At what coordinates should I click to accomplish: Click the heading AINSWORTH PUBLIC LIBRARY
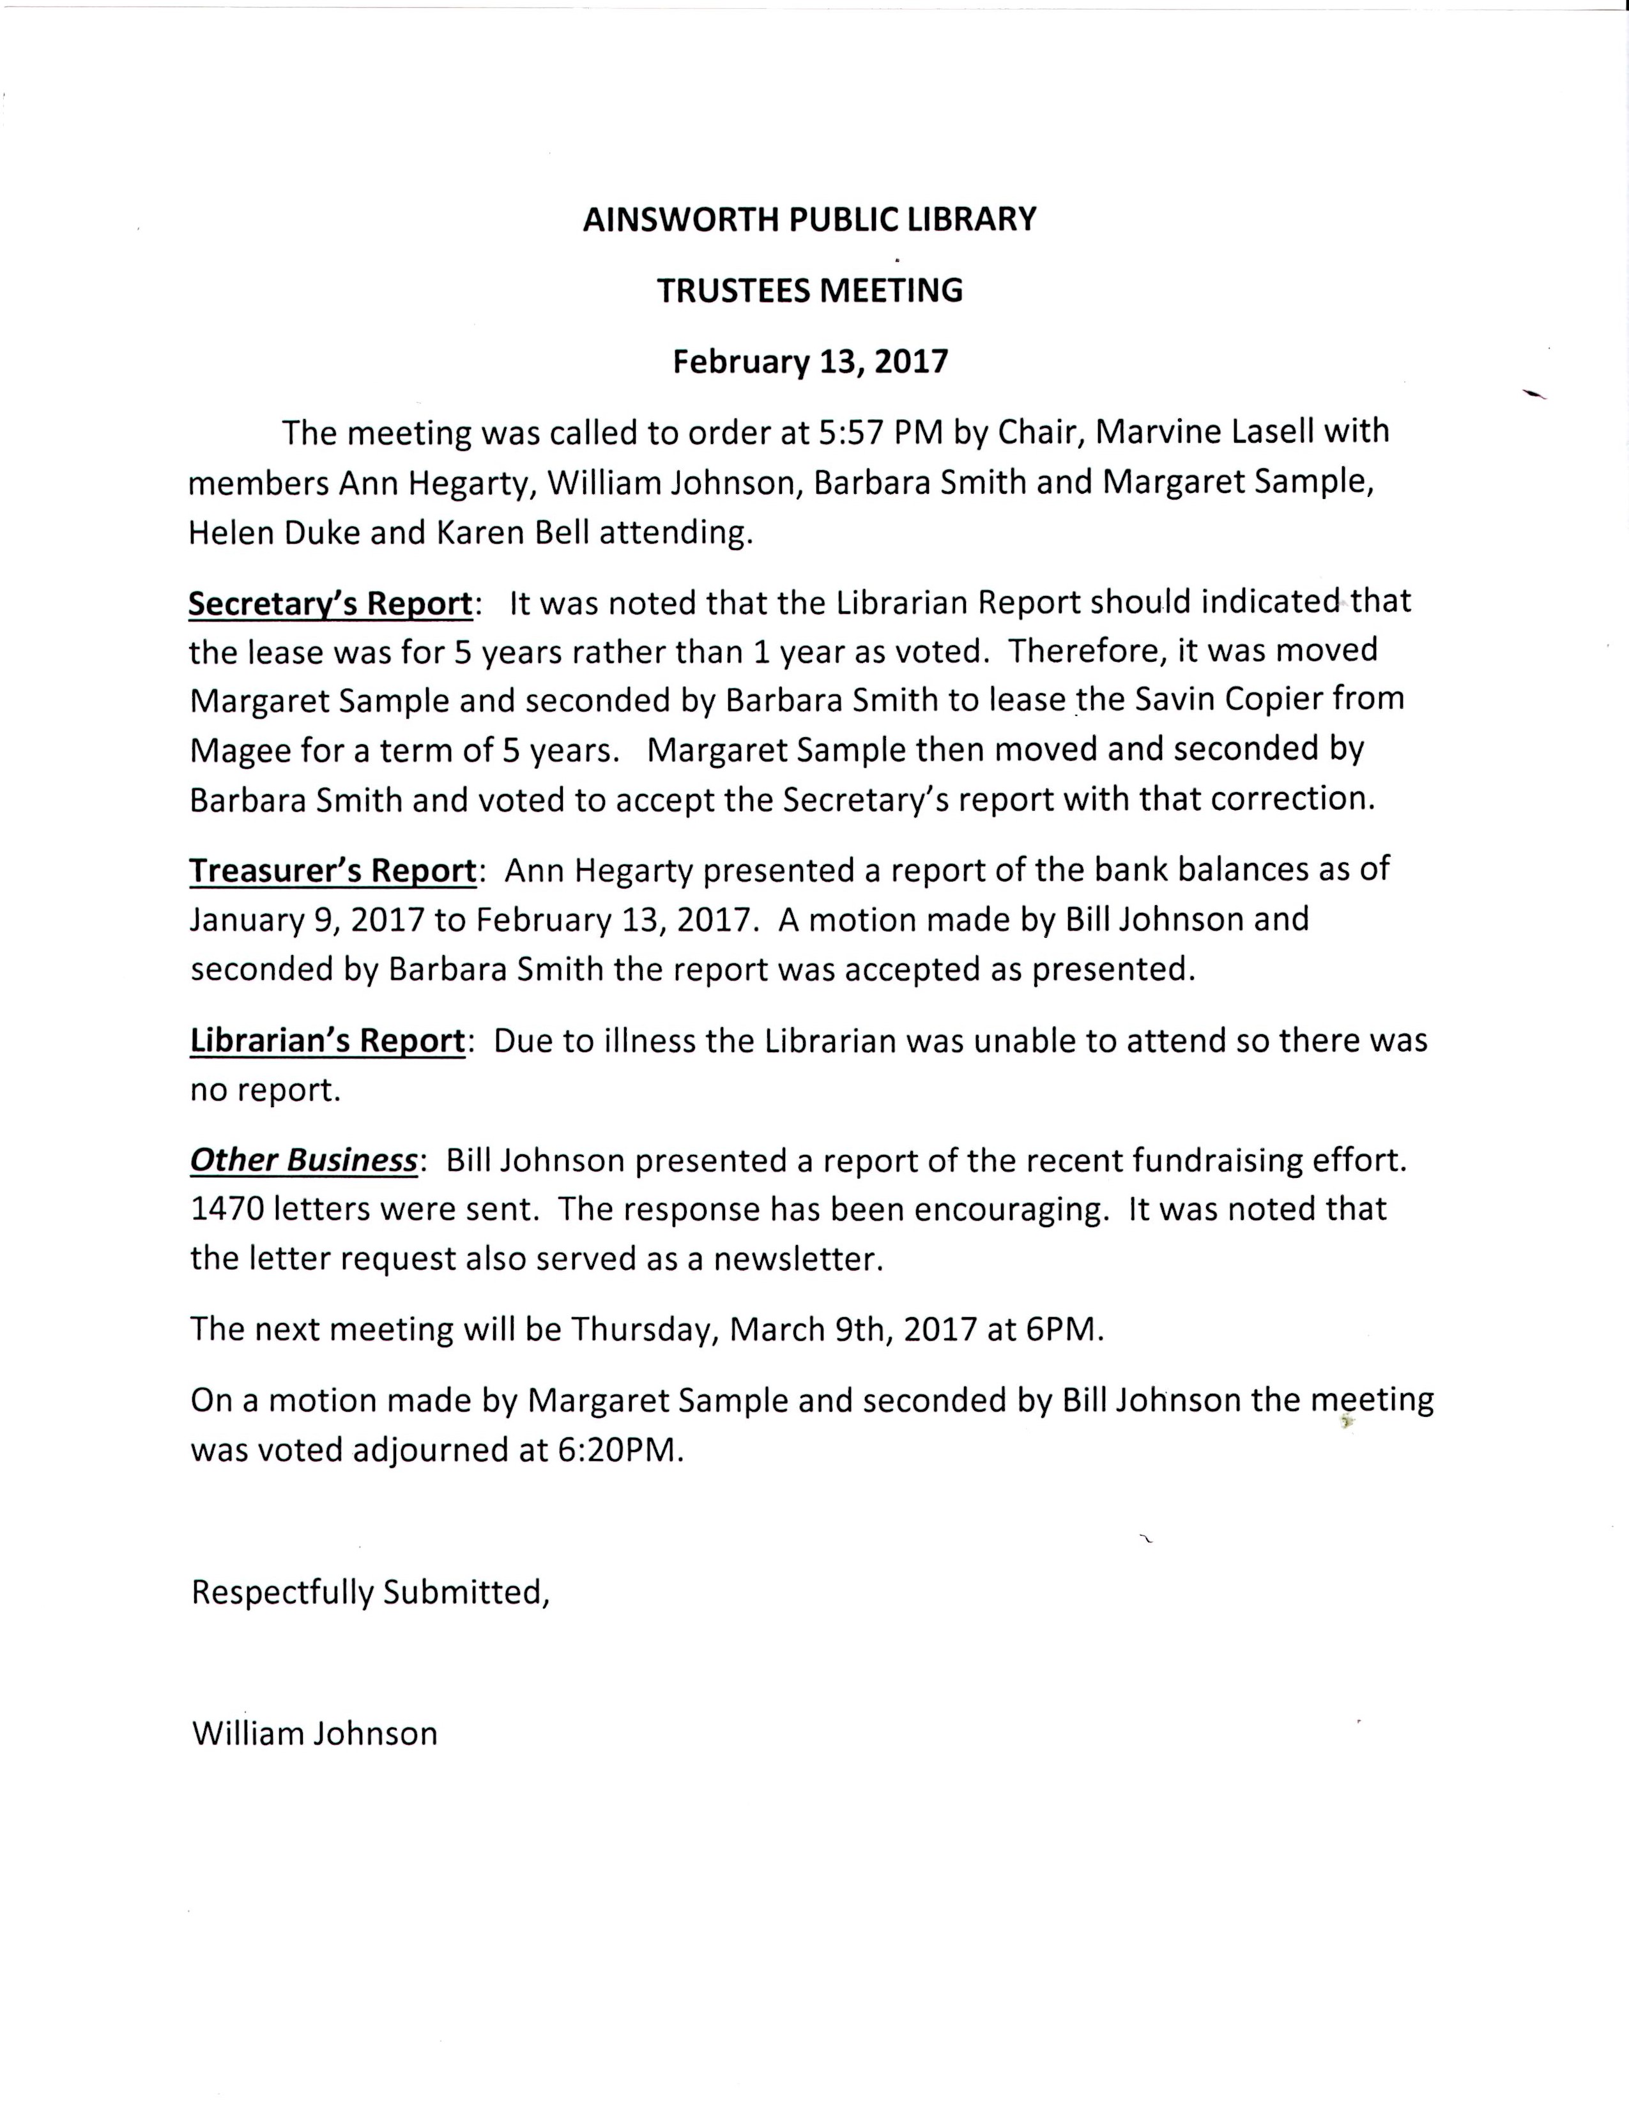point(809,220)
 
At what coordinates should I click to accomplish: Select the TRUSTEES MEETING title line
point(809,291)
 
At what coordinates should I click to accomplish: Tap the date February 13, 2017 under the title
point(809,362)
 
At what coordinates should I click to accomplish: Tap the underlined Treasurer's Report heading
point(333,871)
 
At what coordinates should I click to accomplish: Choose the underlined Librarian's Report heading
point(327,1041)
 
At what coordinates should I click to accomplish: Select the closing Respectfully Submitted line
point(371,1592)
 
